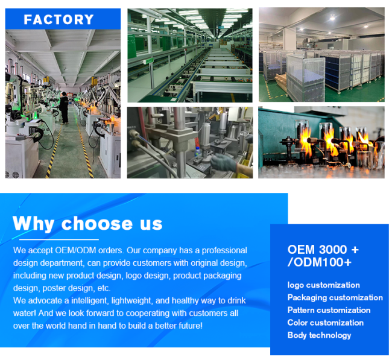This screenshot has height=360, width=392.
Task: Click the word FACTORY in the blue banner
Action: pyautogui.click(x=58, y=19)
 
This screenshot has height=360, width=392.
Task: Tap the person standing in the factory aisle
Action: pyautogui.click(x=65, y=108)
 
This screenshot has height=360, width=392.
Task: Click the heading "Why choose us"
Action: pyautogui.click(x=87, y=223)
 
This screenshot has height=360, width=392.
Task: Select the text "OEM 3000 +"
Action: pyautogui.click(x=323, y=250)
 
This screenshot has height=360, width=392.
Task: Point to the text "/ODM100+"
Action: pyautogui.click(x=320, y=262)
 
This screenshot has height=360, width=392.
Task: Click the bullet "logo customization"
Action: pyautogui.click(x=323, y=285)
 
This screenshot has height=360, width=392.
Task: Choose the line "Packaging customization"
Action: pyautogui.click(x=335, y=297)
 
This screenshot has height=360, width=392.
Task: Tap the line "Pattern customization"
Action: pyautogui.click(x=329, y=310)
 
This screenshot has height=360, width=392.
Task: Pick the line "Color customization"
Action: pyautogui.click(x=326, y=323)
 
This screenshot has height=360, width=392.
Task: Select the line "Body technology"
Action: pyautogui.click(x=319, y=335)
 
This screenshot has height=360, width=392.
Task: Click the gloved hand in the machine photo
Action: pyautogui.click(x=223, y=162)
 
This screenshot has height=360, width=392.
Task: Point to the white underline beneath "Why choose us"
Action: pyautogui.click(x=59, y=239)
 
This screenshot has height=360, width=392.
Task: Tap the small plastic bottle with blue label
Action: pyautogui.click(x=197, y=151)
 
